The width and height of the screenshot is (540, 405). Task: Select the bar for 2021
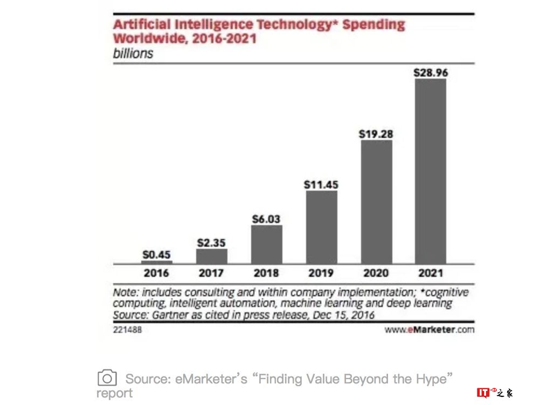point(430,171)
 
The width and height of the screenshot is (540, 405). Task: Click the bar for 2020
point(376,202)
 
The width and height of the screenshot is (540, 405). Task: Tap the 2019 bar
point(321,227)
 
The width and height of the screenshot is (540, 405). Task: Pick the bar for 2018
point(266,245)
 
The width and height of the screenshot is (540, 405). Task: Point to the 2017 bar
point(212,256)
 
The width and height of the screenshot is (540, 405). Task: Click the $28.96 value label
point(431,72)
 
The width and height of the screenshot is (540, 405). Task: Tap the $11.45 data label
point(321,184)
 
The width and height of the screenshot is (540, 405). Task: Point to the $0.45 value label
point(157,254)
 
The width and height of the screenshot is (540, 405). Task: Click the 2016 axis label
point(156,273)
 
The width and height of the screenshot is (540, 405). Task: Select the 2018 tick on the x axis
point(266,273)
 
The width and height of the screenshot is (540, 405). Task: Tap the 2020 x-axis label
point(376,273)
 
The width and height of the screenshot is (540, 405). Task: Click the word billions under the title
point(133,53)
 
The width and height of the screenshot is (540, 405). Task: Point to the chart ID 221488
point(127,330)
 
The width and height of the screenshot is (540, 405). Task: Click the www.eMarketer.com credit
point(429,330)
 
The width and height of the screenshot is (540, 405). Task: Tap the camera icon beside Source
point(107,378)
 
